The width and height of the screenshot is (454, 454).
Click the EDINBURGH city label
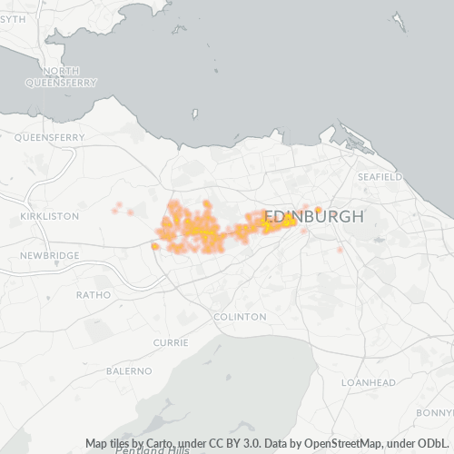tap(313, 218)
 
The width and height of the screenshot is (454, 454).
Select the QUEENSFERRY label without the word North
tap(49, 138)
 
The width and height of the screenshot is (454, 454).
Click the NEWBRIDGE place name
tap(50, 256)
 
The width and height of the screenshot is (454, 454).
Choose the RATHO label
tap(94, 294)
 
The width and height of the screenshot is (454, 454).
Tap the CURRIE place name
tap(171, 342)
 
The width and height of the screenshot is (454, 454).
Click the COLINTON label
tap(240, 317)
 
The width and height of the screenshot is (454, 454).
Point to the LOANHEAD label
tap(368, 383)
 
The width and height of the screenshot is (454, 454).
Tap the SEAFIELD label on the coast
tap(380, 176)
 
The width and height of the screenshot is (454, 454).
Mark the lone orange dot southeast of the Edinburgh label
tap(340, 250)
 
